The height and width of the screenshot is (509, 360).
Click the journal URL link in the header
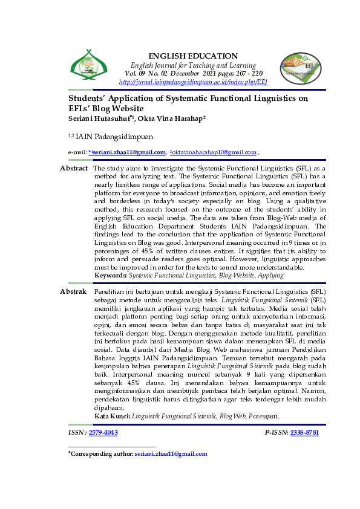[193, 82]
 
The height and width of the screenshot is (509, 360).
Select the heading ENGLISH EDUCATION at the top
[193, 56]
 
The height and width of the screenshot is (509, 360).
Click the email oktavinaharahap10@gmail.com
[214, 152]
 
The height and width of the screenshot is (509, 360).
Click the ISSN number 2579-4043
[103, 432]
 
